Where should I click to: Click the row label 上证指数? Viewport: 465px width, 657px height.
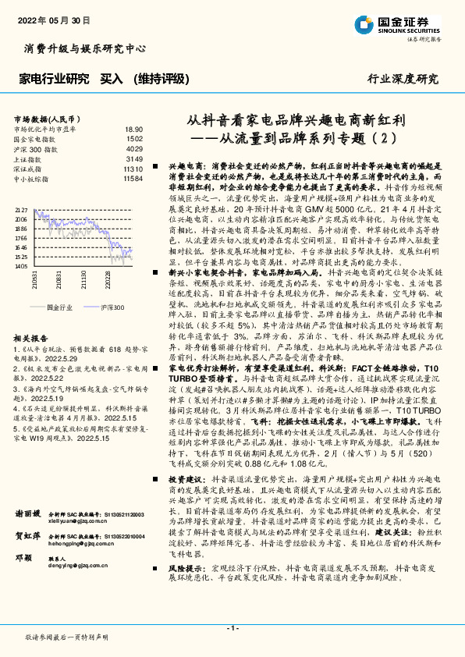(x=29, y=158)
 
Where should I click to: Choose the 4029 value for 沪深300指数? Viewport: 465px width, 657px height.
(x=134, y=148)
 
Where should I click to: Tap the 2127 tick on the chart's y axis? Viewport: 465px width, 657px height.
(x=21, y=211)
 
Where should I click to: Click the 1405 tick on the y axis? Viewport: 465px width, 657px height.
(x=21, y=265)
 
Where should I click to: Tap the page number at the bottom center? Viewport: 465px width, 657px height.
(x=232, y=628)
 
